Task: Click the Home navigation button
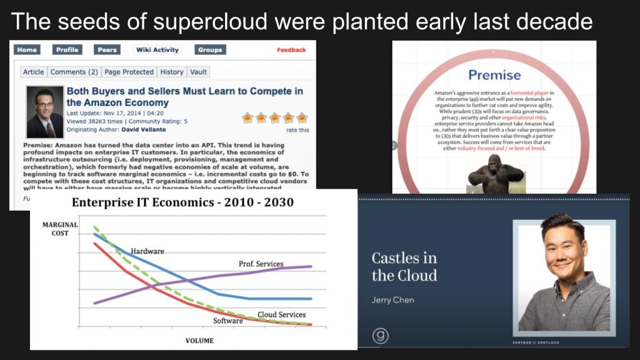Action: tap(26, 50)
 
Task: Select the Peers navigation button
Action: tap(107, 50)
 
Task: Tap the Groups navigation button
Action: tap(210, 50)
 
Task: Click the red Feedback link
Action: tap(291, 50)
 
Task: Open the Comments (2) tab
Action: tap(74, 72)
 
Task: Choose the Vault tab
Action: tap(199, 72)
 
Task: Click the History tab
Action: tap(171, 72)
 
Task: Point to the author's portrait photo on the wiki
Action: tap(45, 112)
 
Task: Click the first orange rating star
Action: tap(247, 117)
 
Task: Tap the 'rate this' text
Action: tap(297, 130)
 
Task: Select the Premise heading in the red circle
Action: tap(494, 76)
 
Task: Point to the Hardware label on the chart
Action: tap(147, 251)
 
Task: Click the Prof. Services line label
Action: tap(261, 264)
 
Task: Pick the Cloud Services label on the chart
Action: tap(281, 314)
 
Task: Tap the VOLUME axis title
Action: tap(199, 341)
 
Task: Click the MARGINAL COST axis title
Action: tap(60, 229)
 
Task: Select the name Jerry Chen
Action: tap(392, 300)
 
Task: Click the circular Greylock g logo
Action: tap(380, 336)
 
